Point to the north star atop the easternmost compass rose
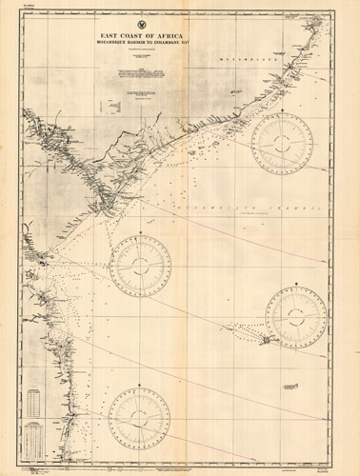tap(299, 281)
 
